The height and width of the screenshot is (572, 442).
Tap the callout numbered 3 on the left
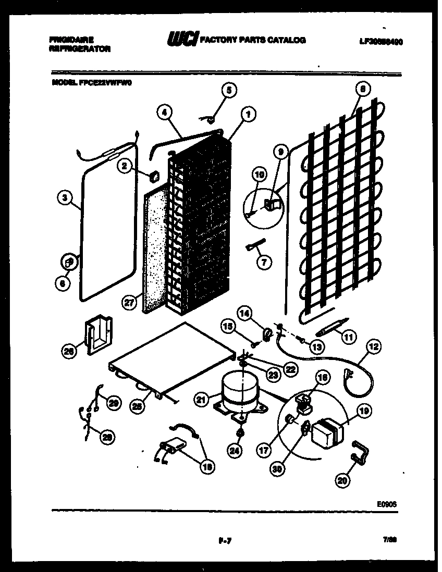64,197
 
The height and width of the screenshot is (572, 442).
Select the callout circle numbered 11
348,338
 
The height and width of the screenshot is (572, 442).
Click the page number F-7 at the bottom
225,540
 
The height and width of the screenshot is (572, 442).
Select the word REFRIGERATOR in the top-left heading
80,49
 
